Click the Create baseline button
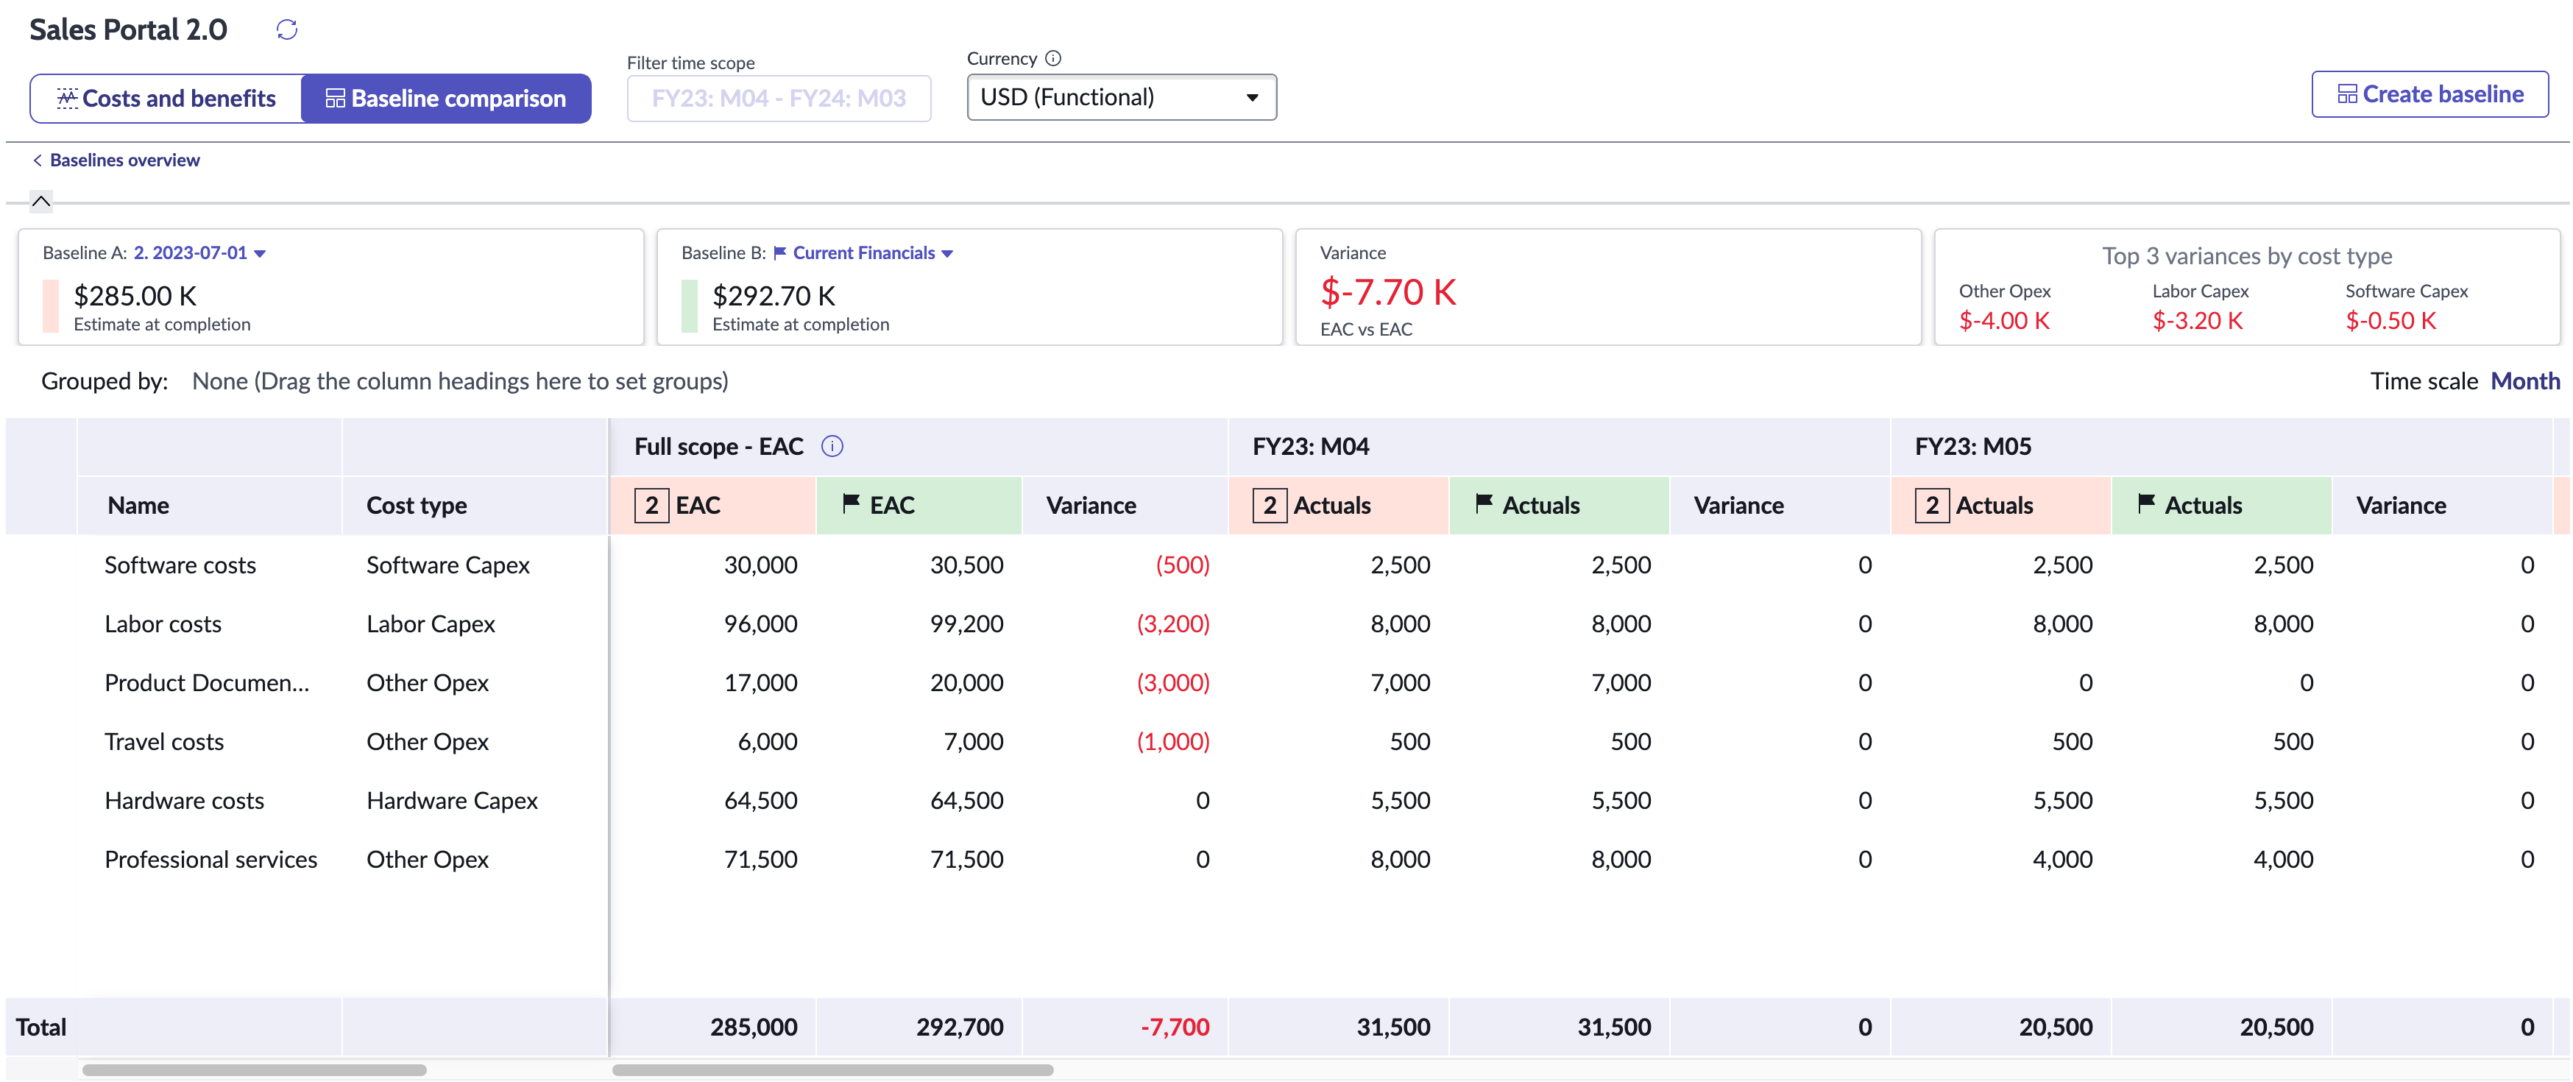click(x=2429, y=95)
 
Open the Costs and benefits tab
click(x=167, y=99)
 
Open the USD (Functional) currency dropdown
click(x=1121, y=98)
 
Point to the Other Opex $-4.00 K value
click(x=2003, y=321)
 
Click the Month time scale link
click(x=2524, y=382)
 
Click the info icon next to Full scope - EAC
click(x=832, y=447)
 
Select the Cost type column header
click(x=417, y=506)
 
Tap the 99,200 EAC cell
click(x=966, y=624)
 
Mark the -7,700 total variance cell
click(x=1175, y=1027)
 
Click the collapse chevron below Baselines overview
click(x=41, y=202)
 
